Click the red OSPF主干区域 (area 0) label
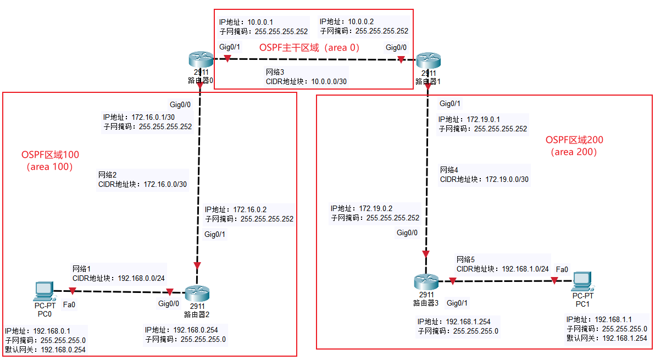click(309, 47)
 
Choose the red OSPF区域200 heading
click(574, 140)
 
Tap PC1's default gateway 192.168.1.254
click(625, 338)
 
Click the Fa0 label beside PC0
click(69, 304)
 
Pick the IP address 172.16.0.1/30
click(153, 117)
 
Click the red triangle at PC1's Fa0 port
click(554, 281)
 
